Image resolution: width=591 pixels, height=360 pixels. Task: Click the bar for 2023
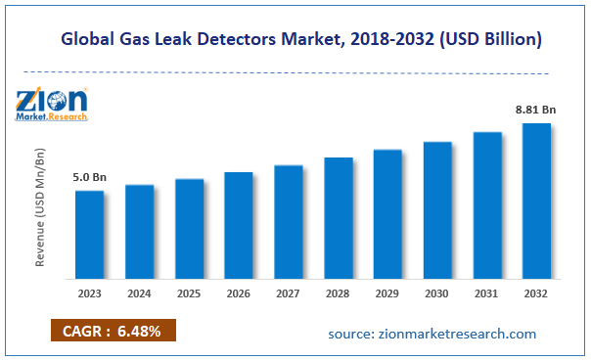pos(89,234)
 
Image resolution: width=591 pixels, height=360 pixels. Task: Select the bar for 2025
pos(189,228)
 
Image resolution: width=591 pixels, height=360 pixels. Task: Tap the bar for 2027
pos(288,221)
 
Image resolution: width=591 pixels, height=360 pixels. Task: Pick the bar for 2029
pos(387,213)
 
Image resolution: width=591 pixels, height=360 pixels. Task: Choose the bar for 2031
pos(487,204)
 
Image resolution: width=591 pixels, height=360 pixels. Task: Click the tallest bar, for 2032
pos(536,201)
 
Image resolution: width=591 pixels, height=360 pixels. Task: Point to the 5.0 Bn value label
pos(89,178)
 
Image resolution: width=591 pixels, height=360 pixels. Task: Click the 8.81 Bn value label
pos(536,112)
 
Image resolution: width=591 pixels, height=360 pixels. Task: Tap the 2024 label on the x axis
pos(139,293)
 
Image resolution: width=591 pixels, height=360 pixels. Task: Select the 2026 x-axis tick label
pos(239,293)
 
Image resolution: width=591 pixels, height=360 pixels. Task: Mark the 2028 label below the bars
pos(338,293)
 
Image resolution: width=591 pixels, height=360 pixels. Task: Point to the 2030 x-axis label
pos(437,293)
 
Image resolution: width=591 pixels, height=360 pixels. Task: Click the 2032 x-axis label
pos(536,293)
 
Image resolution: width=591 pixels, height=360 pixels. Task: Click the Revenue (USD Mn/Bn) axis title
pos(41,208)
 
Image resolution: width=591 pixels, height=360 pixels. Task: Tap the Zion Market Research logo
pos(52,104)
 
